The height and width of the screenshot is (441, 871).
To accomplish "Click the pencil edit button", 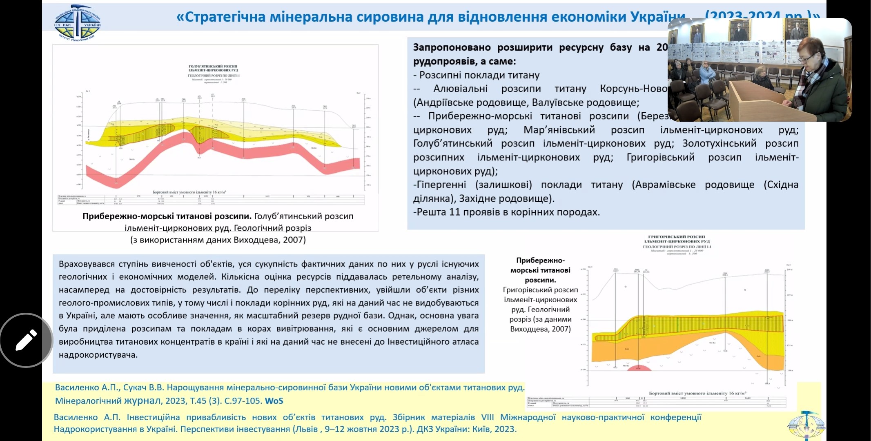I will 26,340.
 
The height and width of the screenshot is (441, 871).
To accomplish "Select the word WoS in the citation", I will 274,401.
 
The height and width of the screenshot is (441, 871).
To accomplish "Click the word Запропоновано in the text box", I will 452,47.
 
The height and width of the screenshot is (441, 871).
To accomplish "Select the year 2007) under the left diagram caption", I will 294,240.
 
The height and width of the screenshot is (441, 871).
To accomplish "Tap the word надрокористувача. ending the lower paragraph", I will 98,354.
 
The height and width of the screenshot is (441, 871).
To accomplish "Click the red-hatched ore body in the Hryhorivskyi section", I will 694,325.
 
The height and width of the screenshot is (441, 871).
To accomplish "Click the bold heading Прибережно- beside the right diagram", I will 540,261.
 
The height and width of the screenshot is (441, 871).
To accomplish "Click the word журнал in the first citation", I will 143,401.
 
